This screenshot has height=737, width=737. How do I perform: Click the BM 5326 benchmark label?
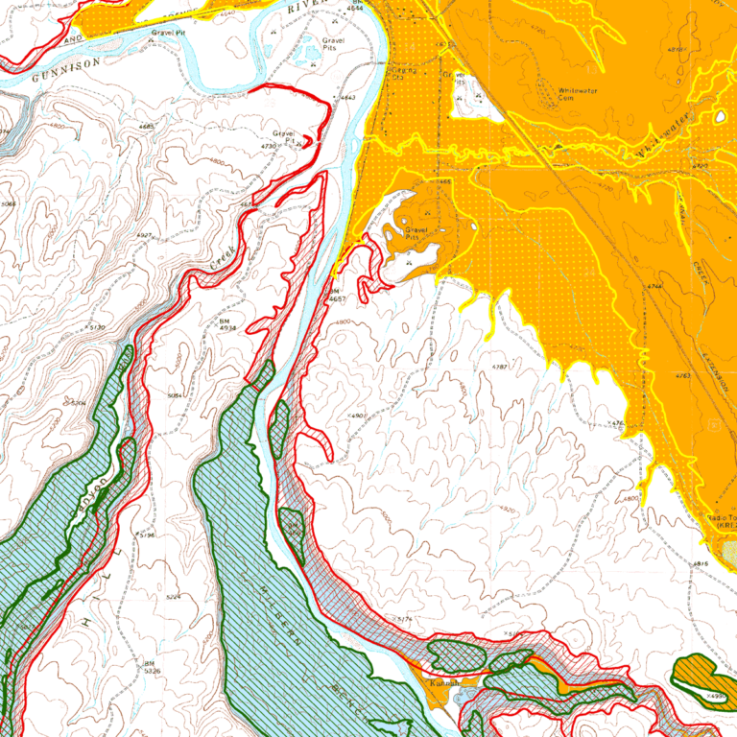pos(150,667)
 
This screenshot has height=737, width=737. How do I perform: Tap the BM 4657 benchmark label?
pos(335,295)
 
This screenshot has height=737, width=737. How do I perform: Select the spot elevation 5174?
pos(403,619)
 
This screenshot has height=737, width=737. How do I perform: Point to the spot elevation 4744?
pos(655,286)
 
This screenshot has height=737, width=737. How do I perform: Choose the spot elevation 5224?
pos(174,597)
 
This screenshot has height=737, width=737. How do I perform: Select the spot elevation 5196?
pos(146,535)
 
